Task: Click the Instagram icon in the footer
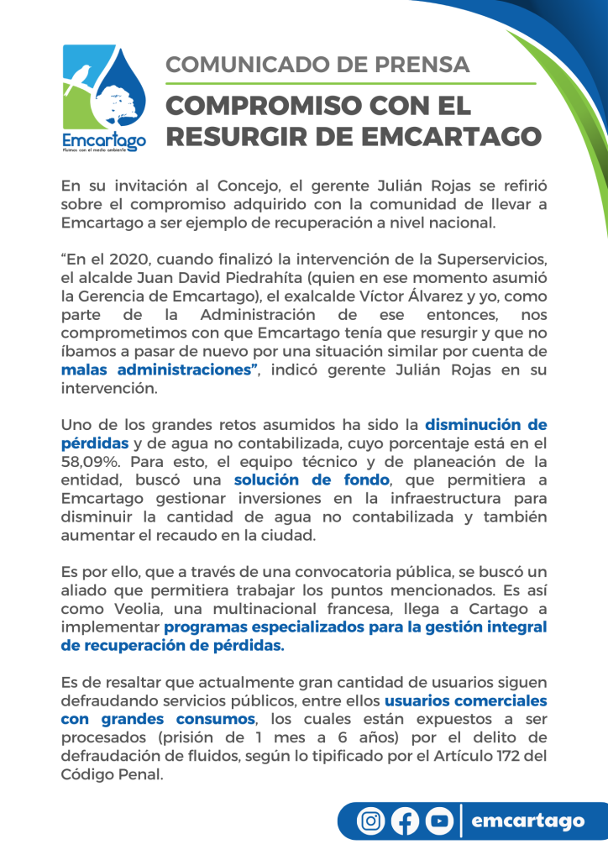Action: [x=370, y=820]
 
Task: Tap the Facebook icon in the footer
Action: [x=405, y=820]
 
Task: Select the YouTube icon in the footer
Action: [x=439, y=820]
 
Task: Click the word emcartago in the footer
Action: [x=527, y=820]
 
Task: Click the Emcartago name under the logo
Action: [x=104, y=139]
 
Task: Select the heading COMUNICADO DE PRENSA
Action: [x=317, y=65]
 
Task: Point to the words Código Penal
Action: [x=111, y=774]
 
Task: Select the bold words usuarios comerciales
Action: [x=466, y=700]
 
